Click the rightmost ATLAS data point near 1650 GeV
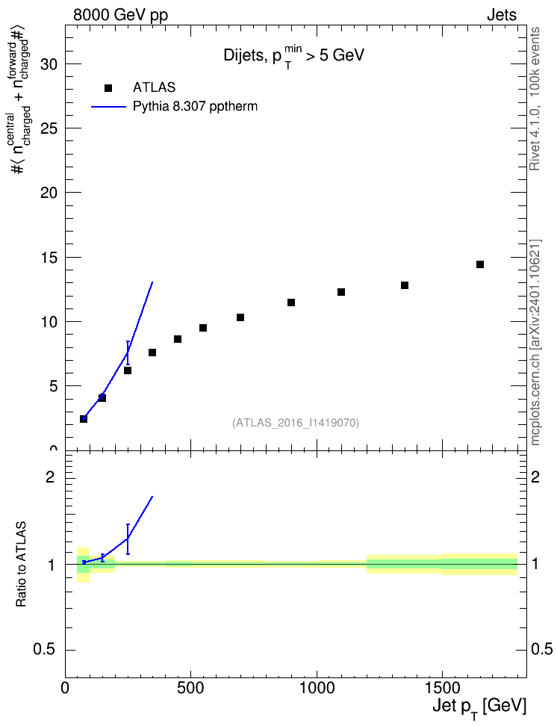(480, 264)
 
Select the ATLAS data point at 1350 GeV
(405, 285)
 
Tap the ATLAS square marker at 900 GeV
(291, 302)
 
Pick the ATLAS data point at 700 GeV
(240, 317)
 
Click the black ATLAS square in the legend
(108, 88)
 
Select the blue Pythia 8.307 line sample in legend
(108, 107)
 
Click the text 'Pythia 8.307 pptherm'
(195, 107)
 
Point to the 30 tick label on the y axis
(49, 64)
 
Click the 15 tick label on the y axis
(49, 258)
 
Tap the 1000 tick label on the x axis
(317, 688)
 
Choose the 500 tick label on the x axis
(190, 688)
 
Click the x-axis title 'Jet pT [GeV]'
(479, 707)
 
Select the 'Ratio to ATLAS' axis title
(21, 565)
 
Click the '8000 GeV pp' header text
(121, 15)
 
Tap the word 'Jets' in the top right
(502, 15)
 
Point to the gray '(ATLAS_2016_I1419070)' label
(296, 422)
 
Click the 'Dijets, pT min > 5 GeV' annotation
(294, 56)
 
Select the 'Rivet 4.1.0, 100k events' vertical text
(535, 99)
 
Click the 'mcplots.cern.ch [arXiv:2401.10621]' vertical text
(535, 342)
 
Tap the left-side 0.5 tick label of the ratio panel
(46, 650)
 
